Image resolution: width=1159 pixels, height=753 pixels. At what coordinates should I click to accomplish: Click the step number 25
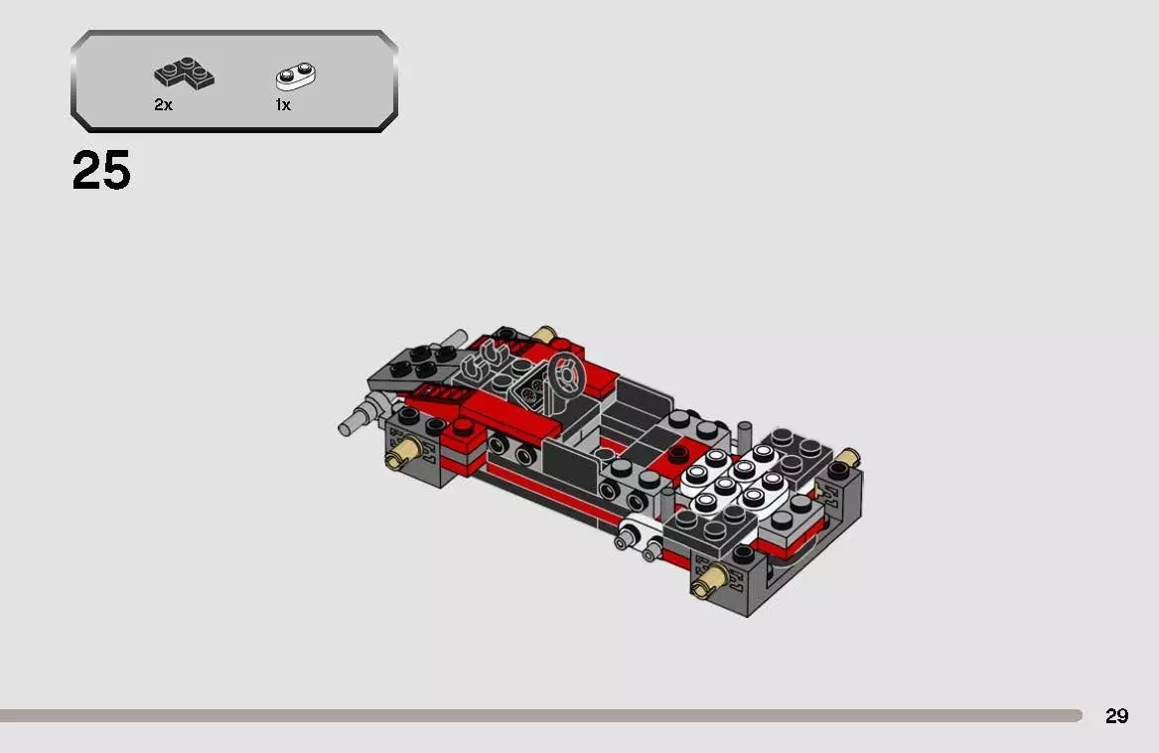101,172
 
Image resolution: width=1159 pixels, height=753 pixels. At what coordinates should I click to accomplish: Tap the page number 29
1116,715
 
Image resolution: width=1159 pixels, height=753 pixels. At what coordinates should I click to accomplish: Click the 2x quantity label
163,104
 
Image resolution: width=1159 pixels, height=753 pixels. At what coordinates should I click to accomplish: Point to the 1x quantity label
283,104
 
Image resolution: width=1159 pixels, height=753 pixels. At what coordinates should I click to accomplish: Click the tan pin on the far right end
846,457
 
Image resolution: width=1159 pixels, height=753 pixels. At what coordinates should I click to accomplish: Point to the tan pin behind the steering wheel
542,334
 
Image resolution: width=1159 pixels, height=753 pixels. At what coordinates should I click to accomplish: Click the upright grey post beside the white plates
746,434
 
